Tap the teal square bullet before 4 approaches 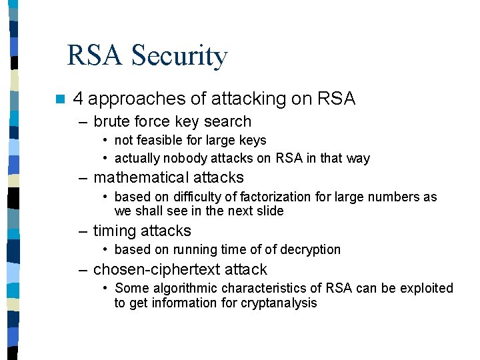(x=60, y=99)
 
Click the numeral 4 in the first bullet (x=78, y=99)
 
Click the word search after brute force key (x=227, y=121)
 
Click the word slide (x=269, y=211)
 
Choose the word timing (x=113, y=231)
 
